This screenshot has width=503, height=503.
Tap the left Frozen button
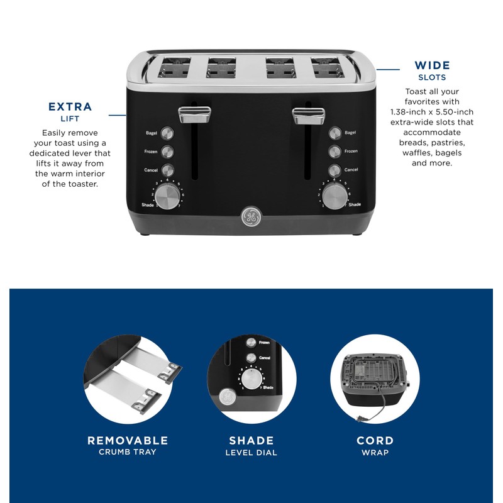coord(168,152)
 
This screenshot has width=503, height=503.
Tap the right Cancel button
coord(334,170)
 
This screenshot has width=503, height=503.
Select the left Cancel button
coord(168,170)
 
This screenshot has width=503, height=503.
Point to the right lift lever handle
coord(308,113)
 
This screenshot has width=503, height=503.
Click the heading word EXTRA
coord(70,107)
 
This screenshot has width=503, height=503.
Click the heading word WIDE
coord(432,65)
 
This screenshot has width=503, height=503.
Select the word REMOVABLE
coord(128,440)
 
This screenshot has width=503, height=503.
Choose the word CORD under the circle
coord(375,440)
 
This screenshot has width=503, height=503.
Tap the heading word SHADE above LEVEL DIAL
coord(251,440)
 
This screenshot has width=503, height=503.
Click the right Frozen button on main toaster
coord(334,152)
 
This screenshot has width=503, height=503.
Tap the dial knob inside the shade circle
coord(251,379)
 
